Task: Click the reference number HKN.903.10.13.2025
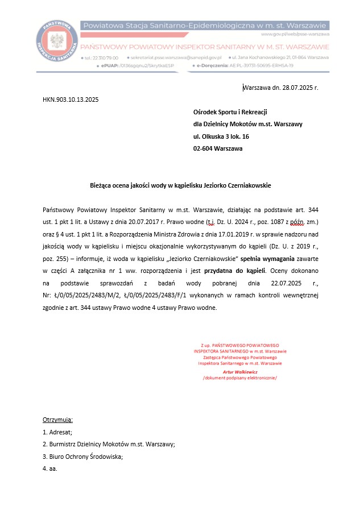point(71,99)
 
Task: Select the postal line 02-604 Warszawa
point(218,148)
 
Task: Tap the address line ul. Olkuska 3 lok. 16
point(221,136)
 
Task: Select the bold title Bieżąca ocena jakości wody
point(180,185)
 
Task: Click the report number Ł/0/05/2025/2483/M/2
point(86,295)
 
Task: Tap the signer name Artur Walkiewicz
point(240,371)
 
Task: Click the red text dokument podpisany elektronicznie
point(239,378)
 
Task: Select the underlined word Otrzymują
point(57,420)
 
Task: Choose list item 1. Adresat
point(57,432)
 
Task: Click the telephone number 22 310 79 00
point(102,58)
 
